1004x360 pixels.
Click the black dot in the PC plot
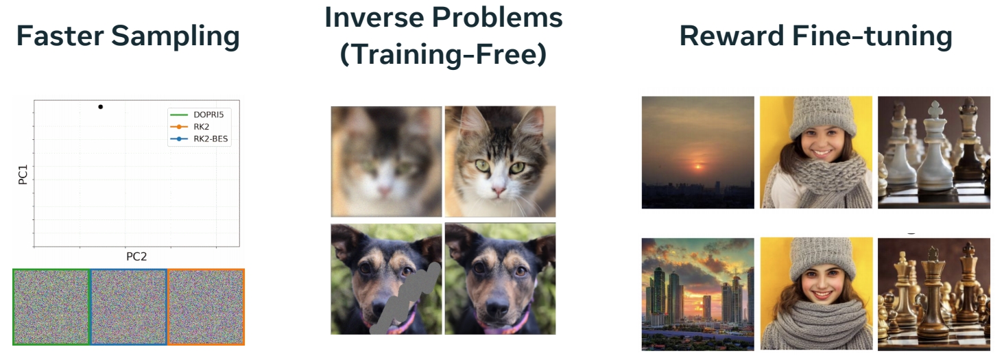(x=100, y=107)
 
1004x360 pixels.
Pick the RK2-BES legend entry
(x=199, y=139)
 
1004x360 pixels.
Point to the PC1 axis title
(x=23, y=174)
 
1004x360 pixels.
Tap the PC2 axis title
(x=136, y=256)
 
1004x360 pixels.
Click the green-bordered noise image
(x=51, y=307)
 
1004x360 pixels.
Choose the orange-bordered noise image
(x=206, y=307)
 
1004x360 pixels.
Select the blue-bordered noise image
(x=129, y=307)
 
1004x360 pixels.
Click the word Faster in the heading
(x=60, y=36)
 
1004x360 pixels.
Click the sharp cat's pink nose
(x=498, y=191)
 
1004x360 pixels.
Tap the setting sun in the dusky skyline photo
(x=697, y=167)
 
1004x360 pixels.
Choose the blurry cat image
(x=386, y=162)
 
